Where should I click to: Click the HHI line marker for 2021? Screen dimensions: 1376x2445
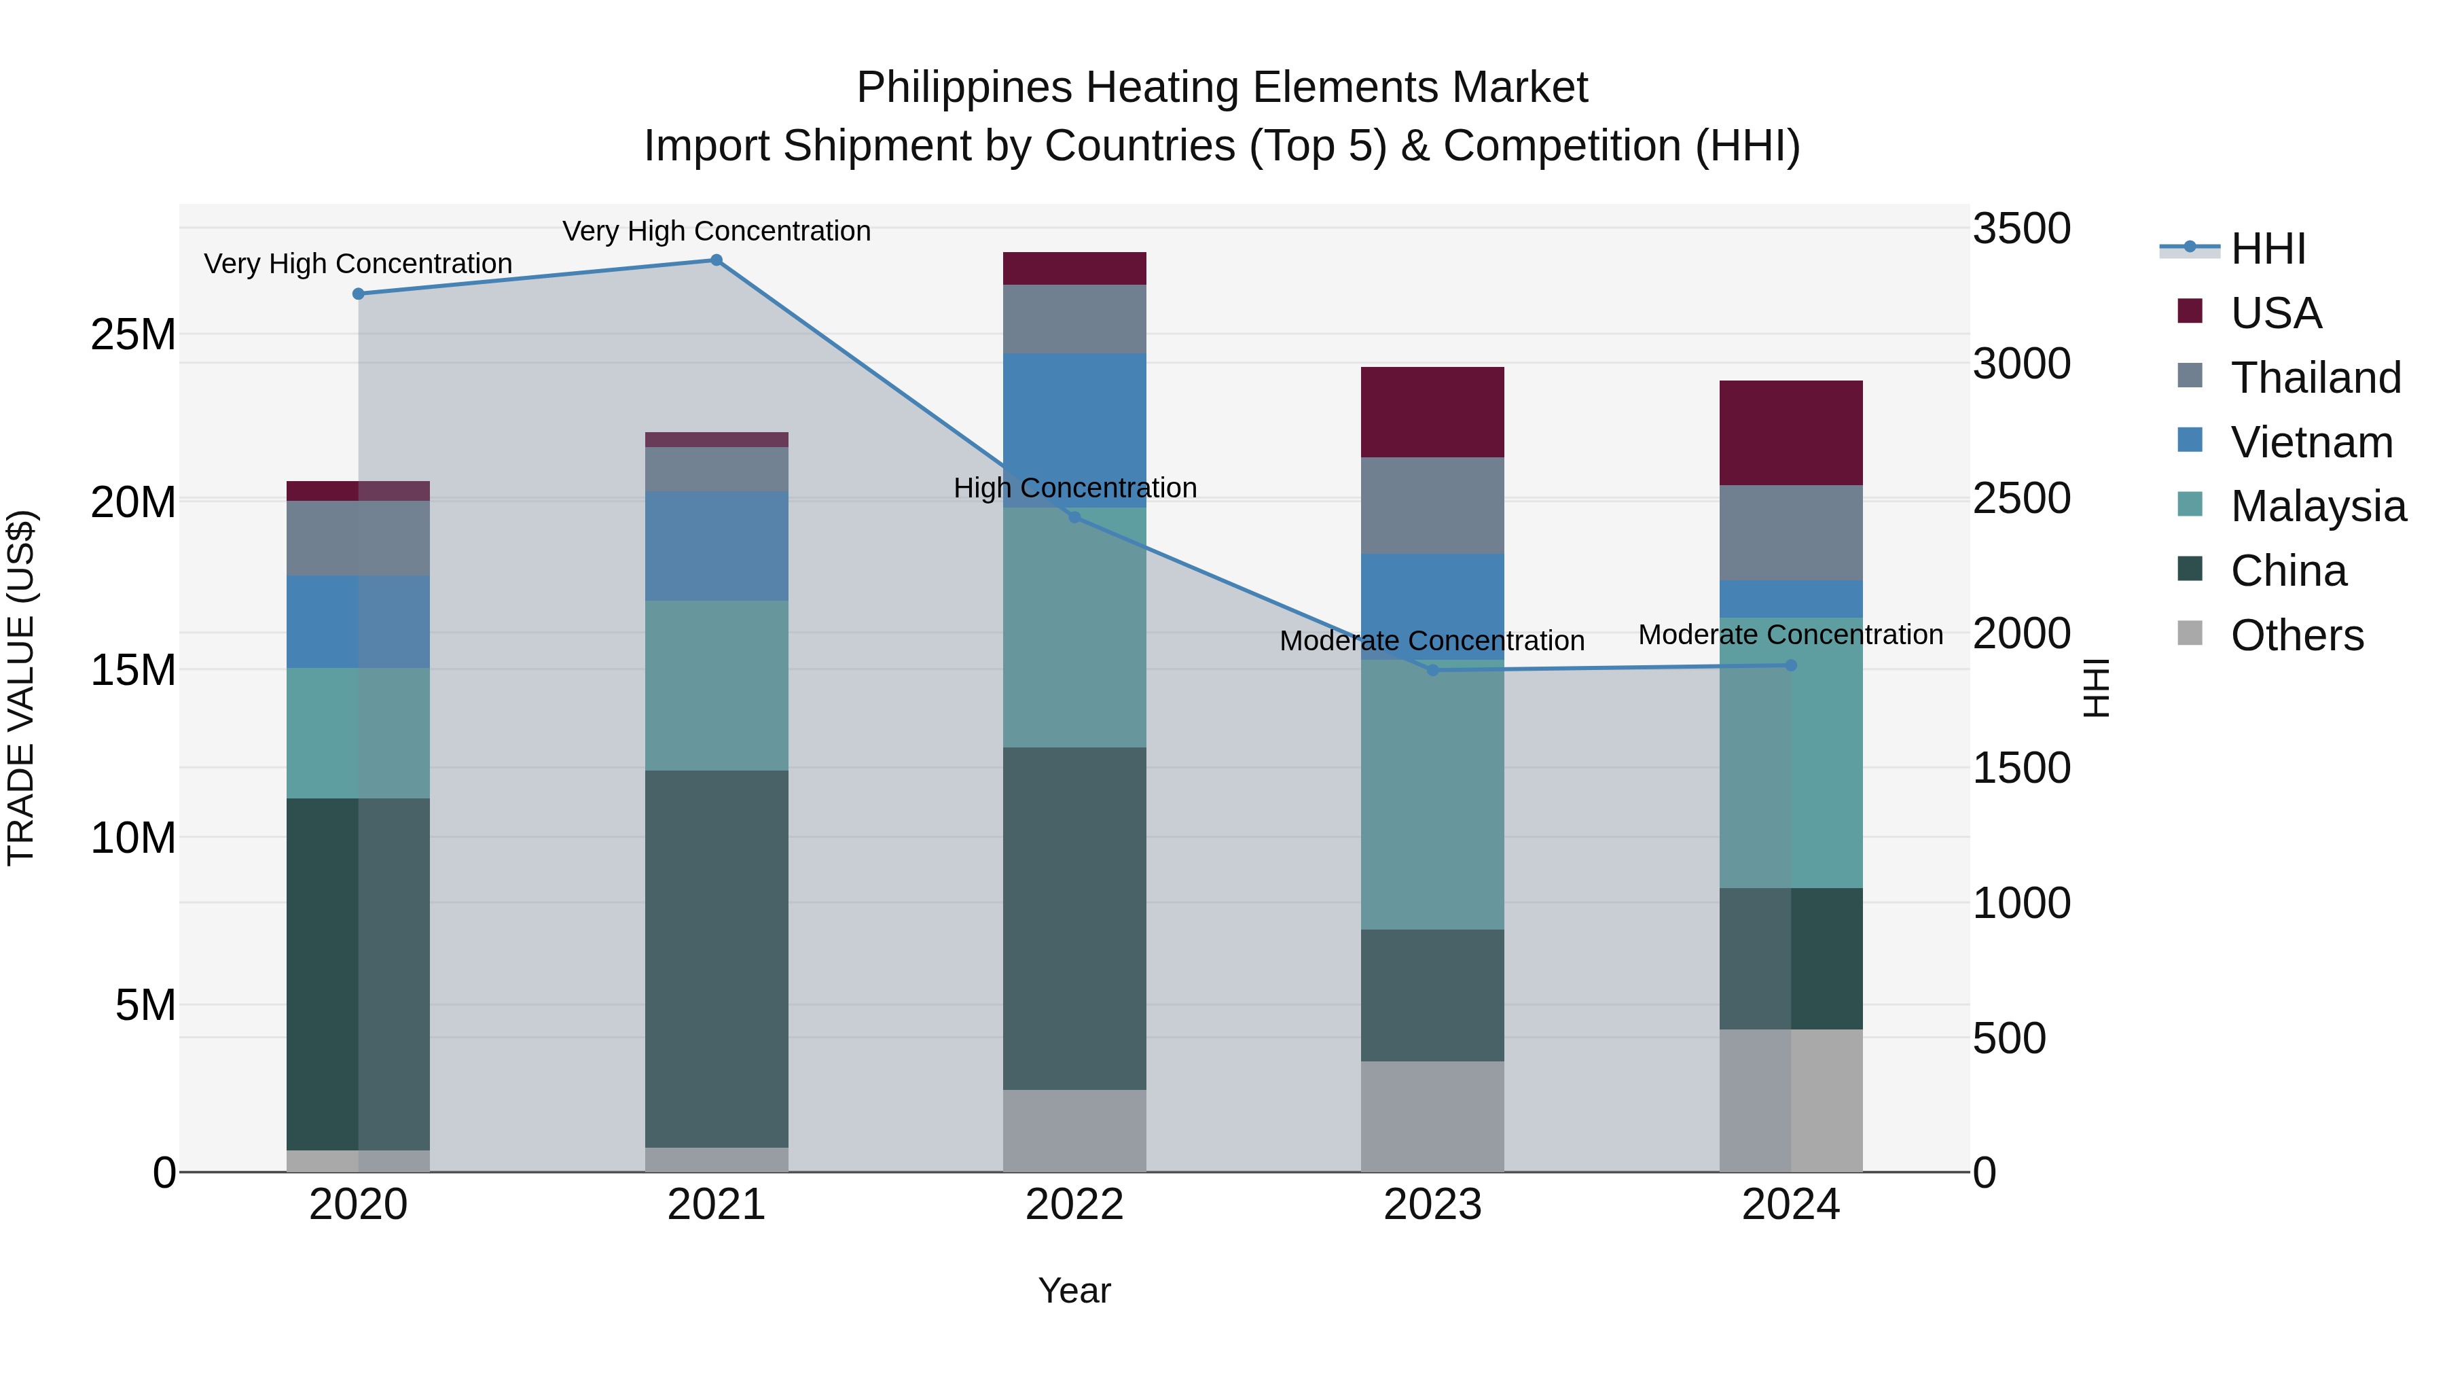717,260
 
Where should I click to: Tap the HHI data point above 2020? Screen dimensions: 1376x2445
358,294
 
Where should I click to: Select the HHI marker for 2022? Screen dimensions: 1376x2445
1074,518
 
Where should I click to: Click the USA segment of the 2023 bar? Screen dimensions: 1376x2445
1432,412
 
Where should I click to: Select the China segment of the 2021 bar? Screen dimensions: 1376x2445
717,959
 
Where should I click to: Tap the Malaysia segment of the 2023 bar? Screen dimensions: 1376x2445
1432,794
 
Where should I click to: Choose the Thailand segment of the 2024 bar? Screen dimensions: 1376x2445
1791,533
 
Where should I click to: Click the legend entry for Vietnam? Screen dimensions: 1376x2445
2311,442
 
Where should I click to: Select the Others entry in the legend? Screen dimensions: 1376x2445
2296,635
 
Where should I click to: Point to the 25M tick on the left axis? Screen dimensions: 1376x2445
133,335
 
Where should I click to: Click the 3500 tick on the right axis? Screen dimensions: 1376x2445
2022,229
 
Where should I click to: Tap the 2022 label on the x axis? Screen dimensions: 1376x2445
1074,1205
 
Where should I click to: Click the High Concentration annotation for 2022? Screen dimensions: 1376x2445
1074,488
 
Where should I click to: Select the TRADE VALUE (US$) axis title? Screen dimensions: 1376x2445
21,688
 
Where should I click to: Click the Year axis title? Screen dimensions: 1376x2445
1074,1290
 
